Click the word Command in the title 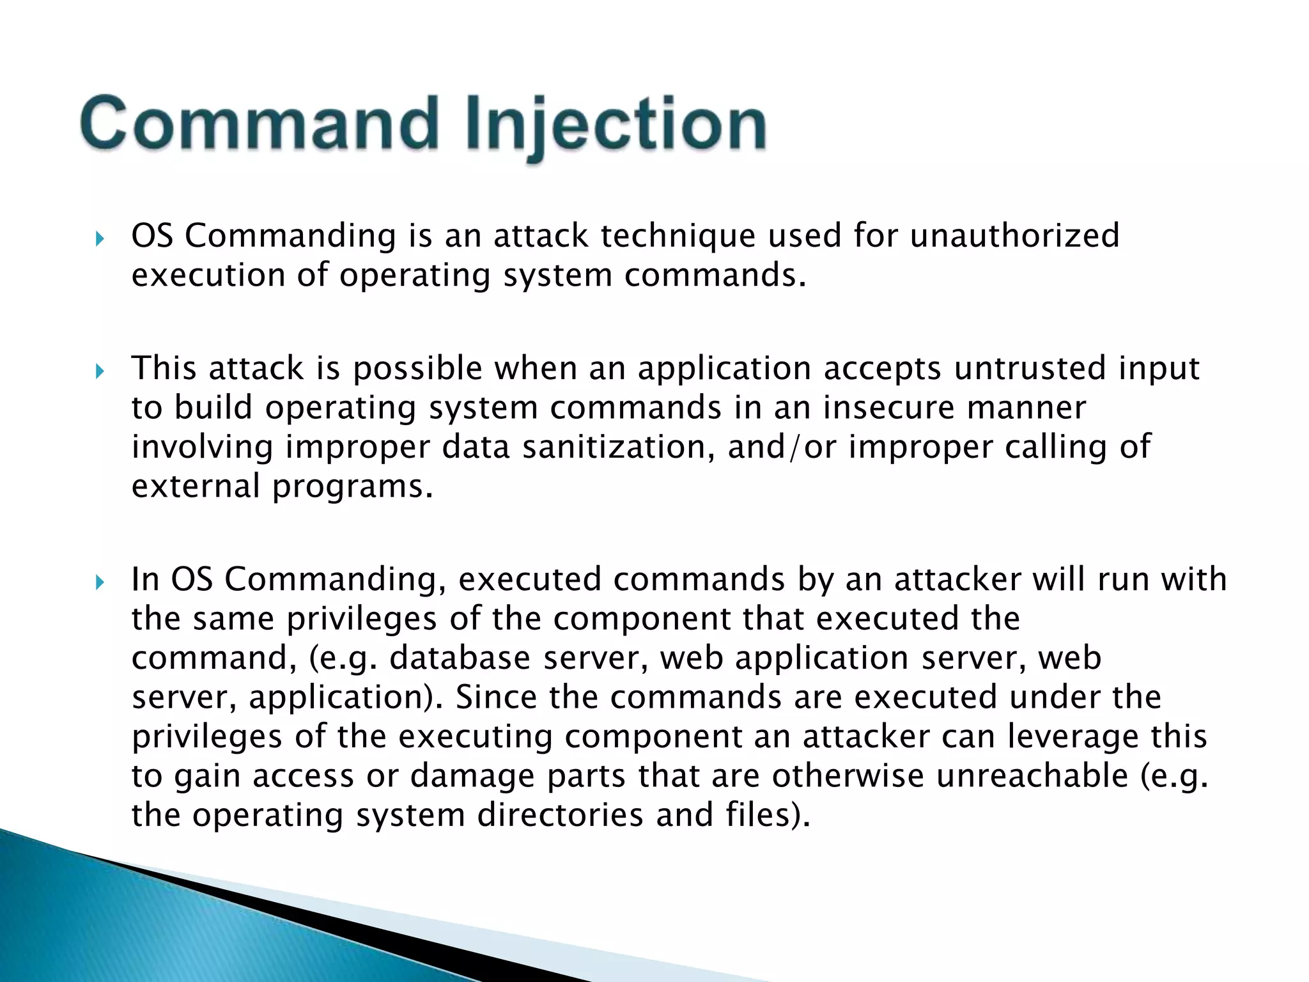(259, 123)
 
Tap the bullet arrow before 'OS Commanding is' (99, 239)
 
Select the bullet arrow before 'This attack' (99, 371)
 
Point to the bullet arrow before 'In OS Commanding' (99, 582)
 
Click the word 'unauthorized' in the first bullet (1014, 235)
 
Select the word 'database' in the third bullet (460, 658)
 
